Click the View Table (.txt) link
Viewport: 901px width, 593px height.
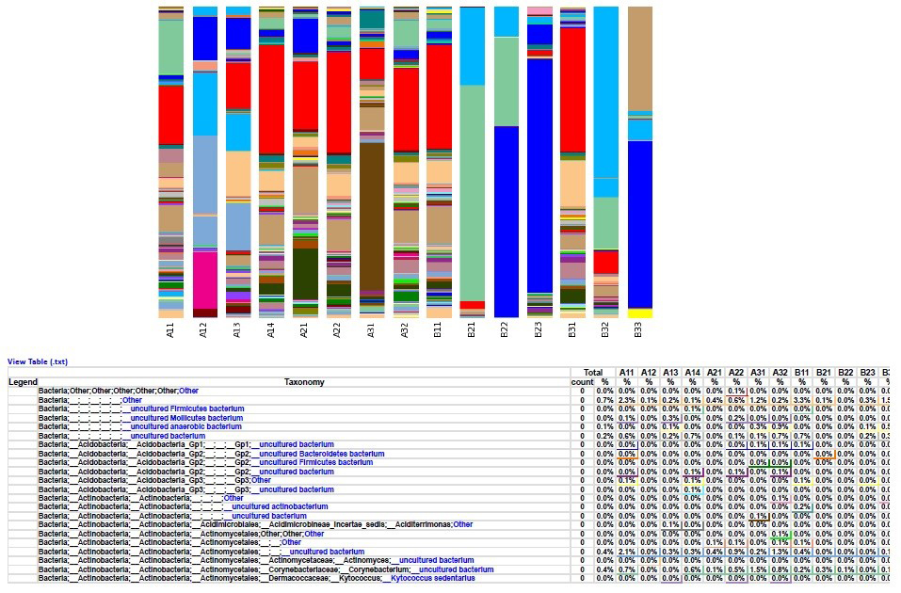(x=38, y=361)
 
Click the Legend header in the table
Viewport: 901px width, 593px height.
(x=22, y=382)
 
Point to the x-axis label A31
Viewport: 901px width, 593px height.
(x=372, y=330)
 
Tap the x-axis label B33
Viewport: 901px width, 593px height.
(x=639, y=330)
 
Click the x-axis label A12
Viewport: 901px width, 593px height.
(x=204, y=330)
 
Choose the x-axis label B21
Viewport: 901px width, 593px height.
(x=473, y=330)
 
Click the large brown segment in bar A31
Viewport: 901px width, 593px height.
(x=372, y=216)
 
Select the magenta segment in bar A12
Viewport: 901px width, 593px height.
(x=204, y=279)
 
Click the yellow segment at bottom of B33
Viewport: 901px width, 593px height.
(x=639, y=313)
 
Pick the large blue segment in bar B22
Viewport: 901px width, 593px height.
(x=506, y=221)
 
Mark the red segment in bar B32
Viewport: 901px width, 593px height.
(x=606, y=261)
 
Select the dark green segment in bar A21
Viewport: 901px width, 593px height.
(x=305, y=273)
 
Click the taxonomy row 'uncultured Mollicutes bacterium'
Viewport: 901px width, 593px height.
(x=186, y=418)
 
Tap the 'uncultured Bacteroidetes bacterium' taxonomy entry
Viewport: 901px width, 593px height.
(x=321, y=454)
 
